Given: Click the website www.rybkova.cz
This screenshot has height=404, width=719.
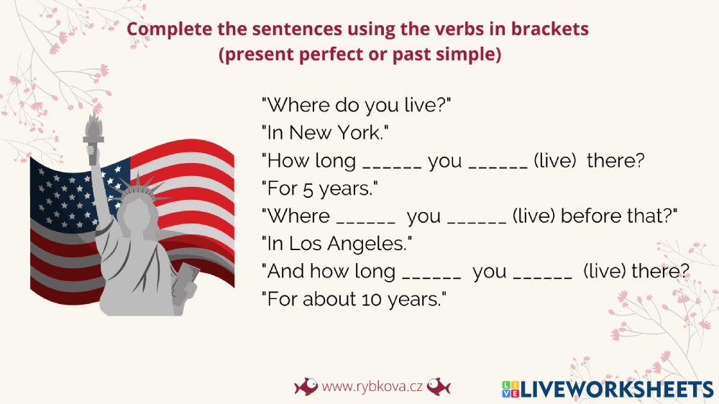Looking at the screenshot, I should [372, 387].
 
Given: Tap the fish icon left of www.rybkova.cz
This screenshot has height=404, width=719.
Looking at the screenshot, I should [306, 387].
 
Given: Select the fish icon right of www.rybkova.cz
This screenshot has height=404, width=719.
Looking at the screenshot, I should [438, 387].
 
